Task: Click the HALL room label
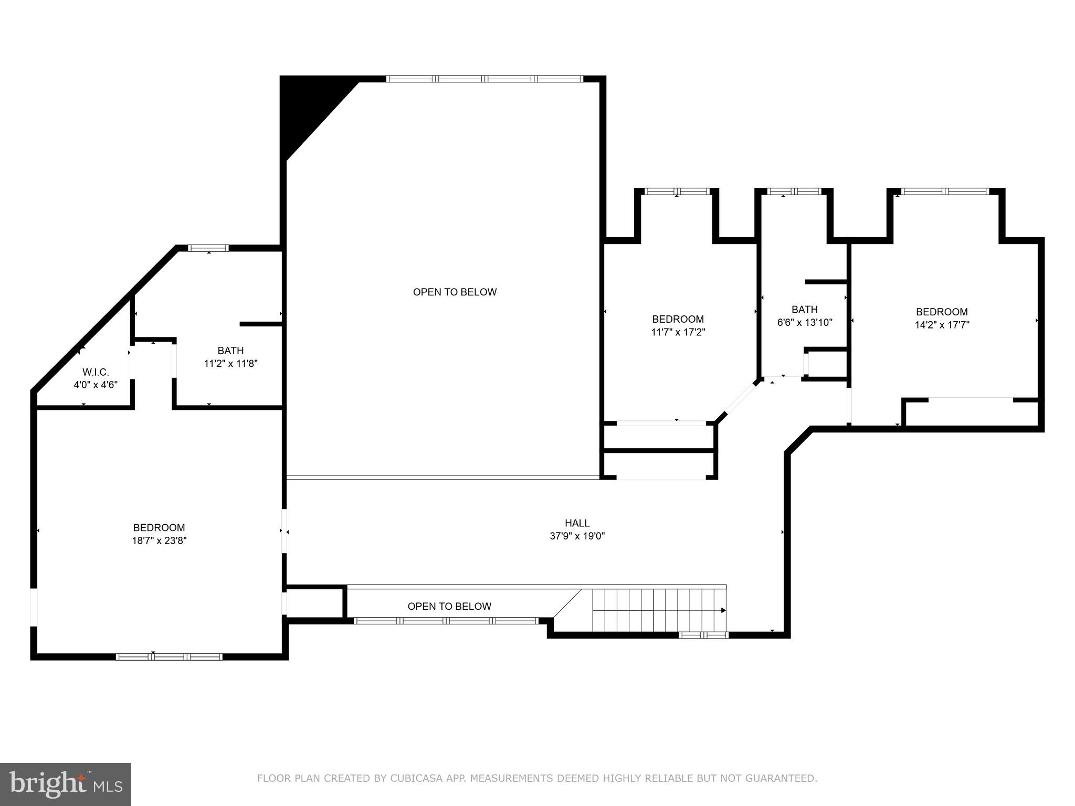point(577,523)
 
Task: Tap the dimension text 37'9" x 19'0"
point(577,536)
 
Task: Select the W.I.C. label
point(96,372)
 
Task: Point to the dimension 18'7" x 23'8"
point(159,540)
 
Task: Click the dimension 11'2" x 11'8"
point(230,363)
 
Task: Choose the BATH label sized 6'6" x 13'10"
point(804,309)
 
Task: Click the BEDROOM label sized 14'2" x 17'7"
point(942,312)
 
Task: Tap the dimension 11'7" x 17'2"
point(678,332)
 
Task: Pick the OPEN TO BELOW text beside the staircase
point(449,606)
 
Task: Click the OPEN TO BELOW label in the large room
point(455,292)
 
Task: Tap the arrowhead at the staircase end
point(723,610)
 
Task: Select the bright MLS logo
point(65,784)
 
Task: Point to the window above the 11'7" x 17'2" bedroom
point(677,192)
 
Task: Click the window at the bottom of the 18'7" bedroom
point(168,656)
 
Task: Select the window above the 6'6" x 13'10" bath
point(794,192)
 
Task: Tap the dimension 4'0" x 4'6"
point(96,385)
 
